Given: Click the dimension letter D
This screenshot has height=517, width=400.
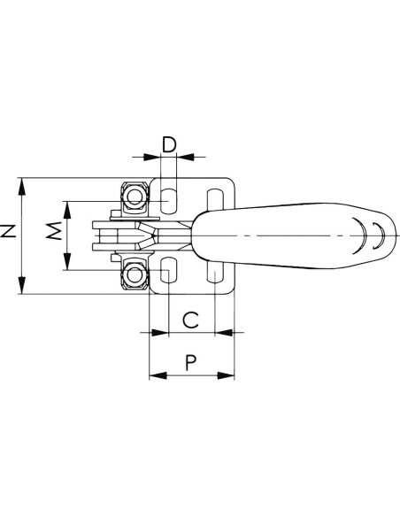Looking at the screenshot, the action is click(x=169, y=145).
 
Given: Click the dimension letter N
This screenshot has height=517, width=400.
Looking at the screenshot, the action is click(x=8, y=231).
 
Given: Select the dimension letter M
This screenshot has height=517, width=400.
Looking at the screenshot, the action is click(x=54, y=230).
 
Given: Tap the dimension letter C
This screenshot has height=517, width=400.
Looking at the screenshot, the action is click(x=191, y=320).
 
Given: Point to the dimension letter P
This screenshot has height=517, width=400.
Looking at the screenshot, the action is click(x=190, y=362).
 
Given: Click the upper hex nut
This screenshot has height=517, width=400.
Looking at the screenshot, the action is click(x=135, y=197).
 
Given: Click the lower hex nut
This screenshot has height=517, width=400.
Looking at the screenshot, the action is click(x=135, y=274).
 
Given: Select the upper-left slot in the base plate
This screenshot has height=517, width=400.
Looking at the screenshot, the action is click(x=169, y=200).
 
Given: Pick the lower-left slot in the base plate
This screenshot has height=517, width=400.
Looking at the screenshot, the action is click(x=169, y=270).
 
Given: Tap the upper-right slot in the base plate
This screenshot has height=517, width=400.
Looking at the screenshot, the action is click(x=215, y=199).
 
